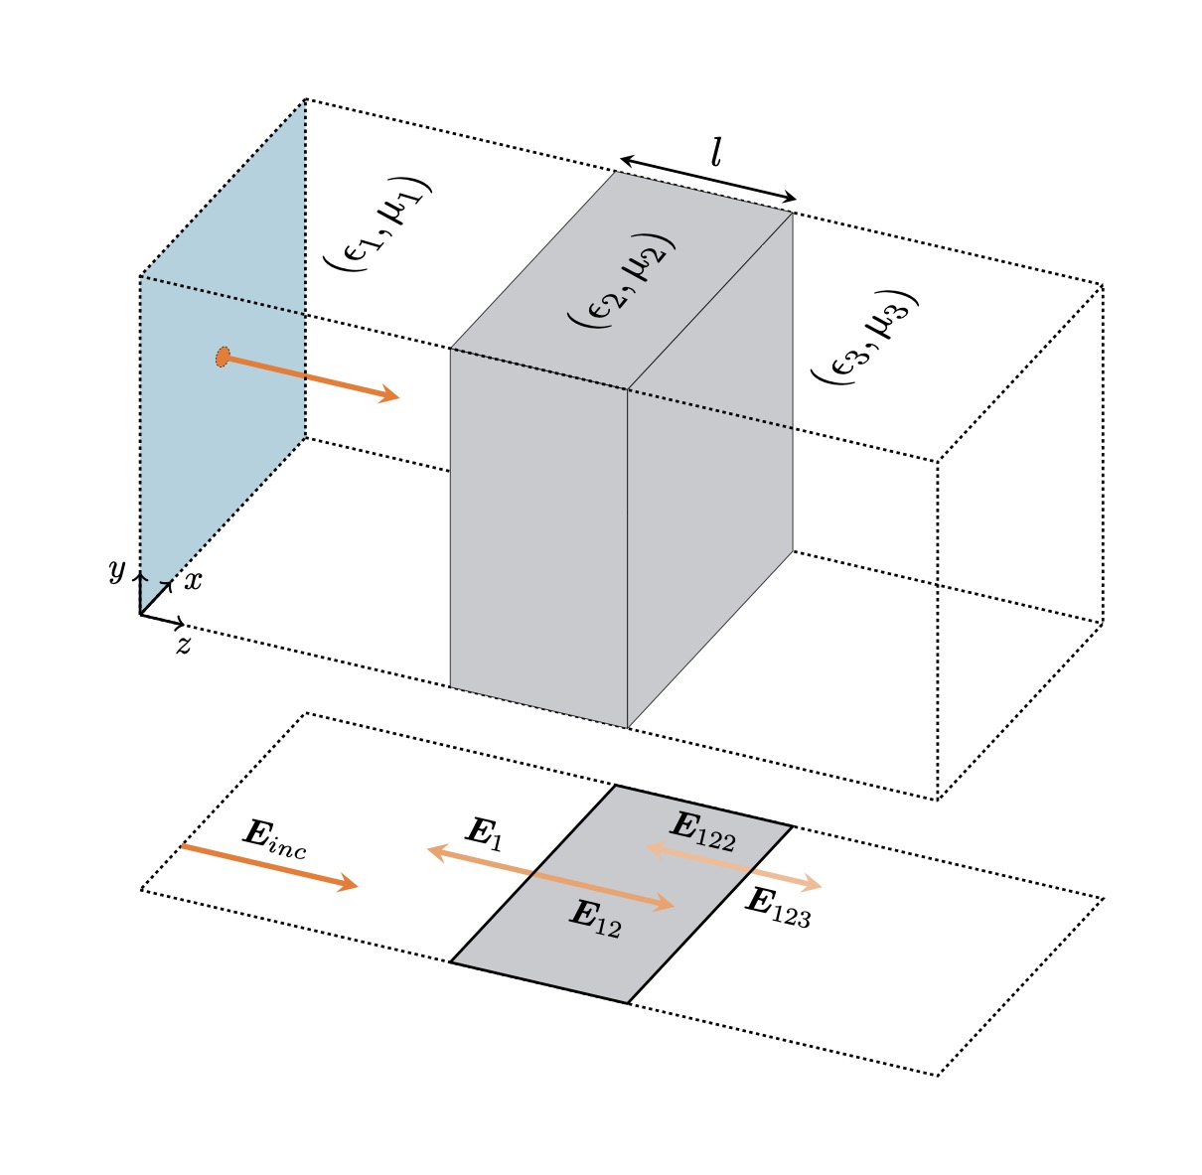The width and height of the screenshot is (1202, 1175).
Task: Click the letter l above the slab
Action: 715,152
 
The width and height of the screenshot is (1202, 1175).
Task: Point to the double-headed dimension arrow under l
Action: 708,179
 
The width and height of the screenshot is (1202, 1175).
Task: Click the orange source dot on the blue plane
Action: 223,357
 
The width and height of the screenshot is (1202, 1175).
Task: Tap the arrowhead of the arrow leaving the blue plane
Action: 390,396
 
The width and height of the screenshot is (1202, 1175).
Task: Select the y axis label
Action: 117,570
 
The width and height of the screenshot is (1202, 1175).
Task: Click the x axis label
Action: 193,581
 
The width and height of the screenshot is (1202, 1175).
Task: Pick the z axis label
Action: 183,647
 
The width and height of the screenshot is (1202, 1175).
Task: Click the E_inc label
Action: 274,839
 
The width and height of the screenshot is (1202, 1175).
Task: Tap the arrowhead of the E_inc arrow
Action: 349,884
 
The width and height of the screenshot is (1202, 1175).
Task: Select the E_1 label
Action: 484,833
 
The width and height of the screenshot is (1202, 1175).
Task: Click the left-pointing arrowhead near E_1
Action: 434,849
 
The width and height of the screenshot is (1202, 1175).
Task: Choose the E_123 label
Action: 778,908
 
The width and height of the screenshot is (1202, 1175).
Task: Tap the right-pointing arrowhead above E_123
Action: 814,884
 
